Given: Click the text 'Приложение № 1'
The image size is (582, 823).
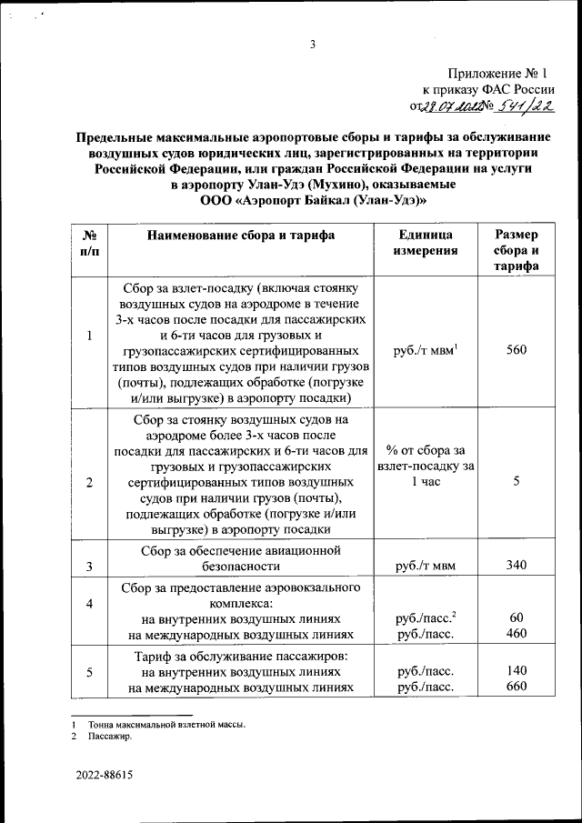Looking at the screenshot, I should tap(499, 74).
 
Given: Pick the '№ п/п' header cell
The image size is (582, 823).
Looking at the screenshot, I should tap(90, 243).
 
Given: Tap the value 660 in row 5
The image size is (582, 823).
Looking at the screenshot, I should tap(517, 687).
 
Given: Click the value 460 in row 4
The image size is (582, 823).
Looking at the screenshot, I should tap(517, 634).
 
